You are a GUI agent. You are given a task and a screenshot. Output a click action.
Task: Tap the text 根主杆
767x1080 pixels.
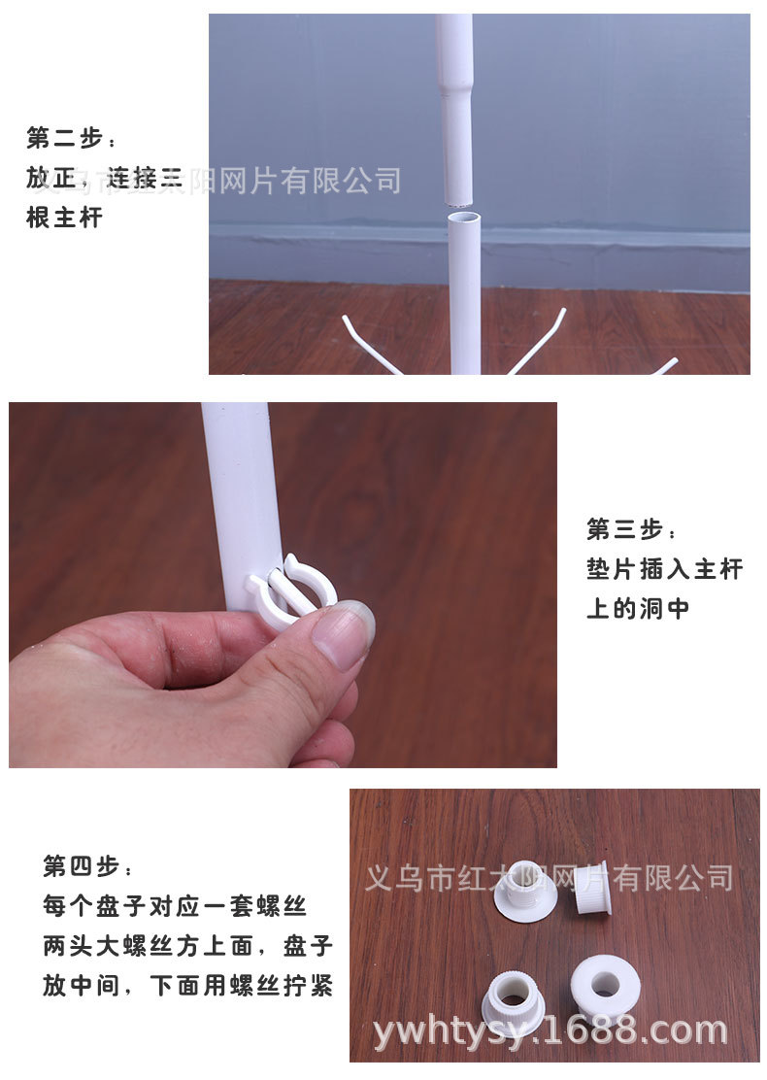click(64, 218)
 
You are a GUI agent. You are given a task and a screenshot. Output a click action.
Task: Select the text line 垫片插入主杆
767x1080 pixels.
click(664, 568)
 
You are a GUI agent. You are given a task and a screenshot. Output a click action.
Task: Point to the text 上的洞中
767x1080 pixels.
click(638, 609)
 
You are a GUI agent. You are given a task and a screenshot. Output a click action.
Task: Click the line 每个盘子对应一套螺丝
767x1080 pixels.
click(175, 906)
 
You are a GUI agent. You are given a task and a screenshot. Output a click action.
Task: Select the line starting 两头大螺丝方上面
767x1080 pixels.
click(187, 946)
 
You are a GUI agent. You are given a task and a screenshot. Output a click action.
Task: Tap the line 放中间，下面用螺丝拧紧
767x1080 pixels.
click(187, 987)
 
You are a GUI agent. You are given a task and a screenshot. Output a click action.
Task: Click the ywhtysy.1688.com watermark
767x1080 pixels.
click(550, 1030)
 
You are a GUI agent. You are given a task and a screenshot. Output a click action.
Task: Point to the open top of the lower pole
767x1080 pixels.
click(465, 218)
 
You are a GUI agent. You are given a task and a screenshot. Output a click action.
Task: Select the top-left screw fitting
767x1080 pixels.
click(525, 891)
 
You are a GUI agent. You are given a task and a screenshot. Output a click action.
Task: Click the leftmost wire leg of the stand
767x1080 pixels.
click(371, 344)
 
